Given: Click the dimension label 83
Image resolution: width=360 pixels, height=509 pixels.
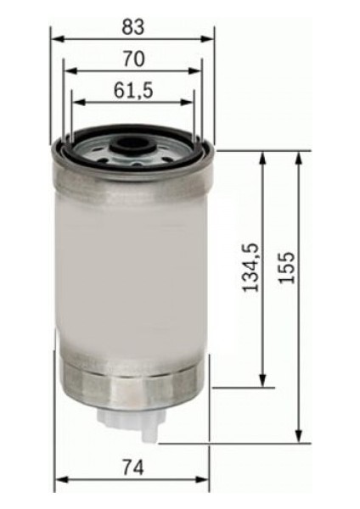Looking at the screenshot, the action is (133, 27).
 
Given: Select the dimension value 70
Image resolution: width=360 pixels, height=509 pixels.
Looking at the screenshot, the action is (133, 59).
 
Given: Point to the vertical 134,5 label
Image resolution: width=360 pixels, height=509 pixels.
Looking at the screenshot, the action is (251, 267).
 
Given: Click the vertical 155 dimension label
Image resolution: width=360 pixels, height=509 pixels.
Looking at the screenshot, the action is (287, 267).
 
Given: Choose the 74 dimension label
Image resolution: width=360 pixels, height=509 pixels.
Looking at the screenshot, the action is (133, 467).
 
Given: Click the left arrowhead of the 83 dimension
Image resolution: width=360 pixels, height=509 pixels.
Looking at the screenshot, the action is (57, 39).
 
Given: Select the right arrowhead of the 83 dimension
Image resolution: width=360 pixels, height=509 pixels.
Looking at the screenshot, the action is (208, 39).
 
